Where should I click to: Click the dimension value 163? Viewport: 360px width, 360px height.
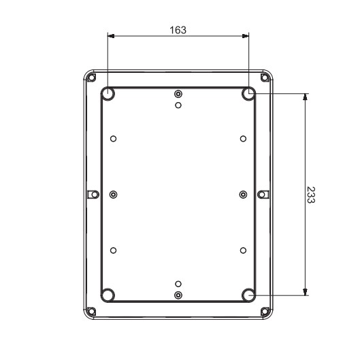178,30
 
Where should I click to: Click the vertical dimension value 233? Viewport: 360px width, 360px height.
310,195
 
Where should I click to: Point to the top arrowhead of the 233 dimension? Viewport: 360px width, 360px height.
304,97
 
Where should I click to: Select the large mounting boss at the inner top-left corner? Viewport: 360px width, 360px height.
108,93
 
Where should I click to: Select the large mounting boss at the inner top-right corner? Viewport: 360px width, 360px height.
248,93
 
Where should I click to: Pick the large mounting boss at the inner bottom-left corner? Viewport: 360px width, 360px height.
108,295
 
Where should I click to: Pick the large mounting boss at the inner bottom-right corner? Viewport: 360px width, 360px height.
248,295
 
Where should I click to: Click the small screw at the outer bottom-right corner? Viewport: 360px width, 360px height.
265,312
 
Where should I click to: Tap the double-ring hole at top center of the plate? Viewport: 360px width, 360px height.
178,94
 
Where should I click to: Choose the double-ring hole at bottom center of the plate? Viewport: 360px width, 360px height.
178,295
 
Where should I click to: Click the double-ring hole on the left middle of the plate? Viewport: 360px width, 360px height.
113,195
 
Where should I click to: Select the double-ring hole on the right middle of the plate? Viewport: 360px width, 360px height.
243,195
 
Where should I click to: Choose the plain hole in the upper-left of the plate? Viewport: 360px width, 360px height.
113,139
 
